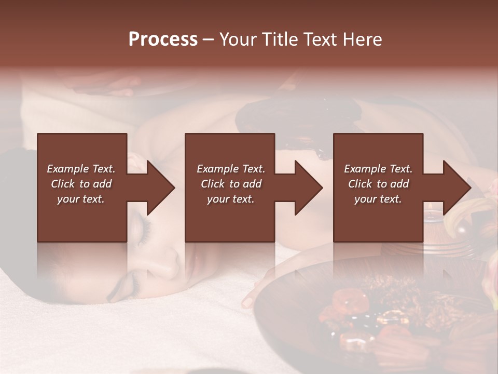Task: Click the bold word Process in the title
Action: point(163,39)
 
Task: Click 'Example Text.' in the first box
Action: point(81,169)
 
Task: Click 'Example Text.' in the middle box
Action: point(230,169)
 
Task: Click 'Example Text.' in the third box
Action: point(378,169)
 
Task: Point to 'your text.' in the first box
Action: point(81,199)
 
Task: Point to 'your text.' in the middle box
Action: point(230,199)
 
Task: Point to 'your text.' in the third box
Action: point(378,199)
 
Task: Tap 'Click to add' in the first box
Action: point(81,184)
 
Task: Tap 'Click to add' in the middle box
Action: point(230,184)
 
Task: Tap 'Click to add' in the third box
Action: point(378,184)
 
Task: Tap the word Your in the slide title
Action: point(237,39)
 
